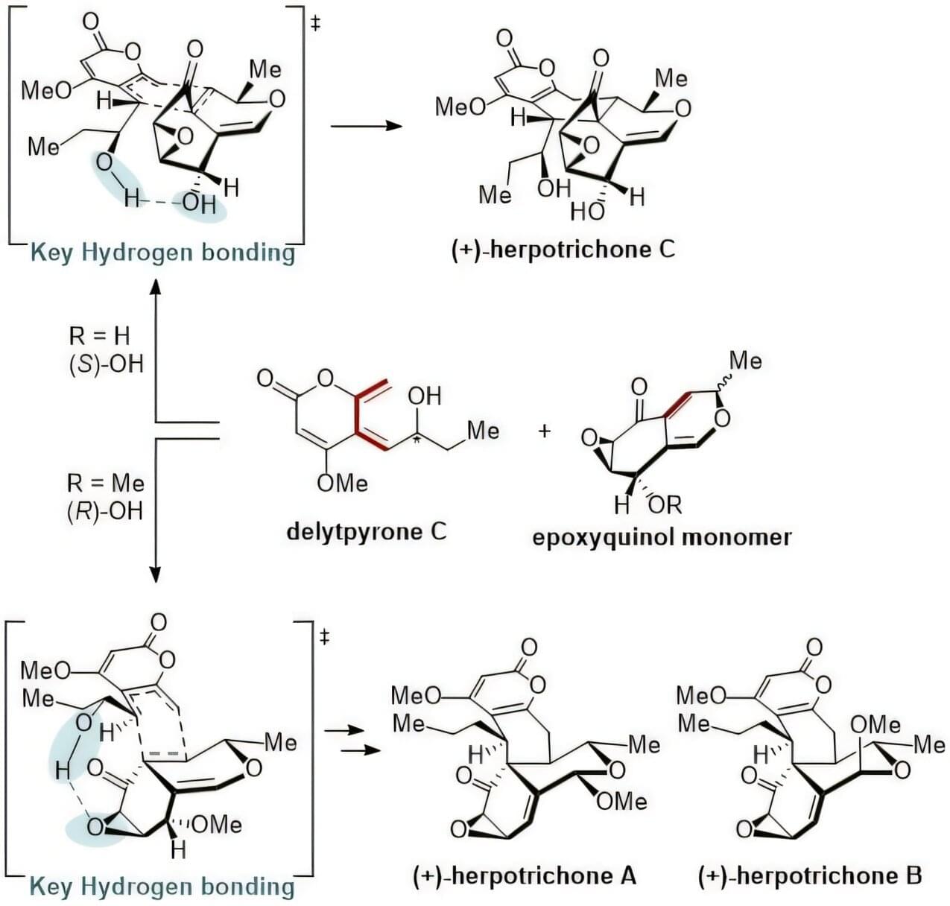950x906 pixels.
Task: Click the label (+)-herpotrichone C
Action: click(563, 249)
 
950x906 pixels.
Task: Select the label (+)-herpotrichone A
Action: click(525, 875)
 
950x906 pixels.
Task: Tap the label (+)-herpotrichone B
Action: click(810, 875)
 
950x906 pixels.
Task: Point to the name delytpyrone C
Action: click(367, 531)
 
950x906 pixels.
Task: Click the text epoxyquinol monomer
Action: click(662, 536)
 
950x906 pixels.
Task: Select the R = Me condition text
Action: click(105, 484)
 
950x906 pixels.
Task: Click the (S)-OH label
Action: click(105, 364)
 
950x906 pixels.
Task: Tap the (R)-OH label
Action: click(105, 512)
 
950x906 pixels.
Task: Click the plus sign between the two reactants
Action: click(545, 431)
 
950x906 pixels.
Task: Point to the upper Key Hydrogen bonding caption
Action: click(162, 253)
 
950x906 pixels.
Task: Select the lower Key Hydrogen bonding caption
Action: click(162, 886)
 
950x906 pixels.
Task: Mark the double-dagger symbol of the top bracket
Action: click(315, 24)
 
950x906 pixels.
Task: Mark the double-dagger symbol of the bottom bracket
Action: click(325, 637)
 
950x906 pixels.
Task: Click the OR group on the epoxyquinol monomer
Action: click(664, 505)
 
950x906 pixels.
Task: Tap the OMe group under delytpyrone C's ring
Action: click(342, 483)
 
